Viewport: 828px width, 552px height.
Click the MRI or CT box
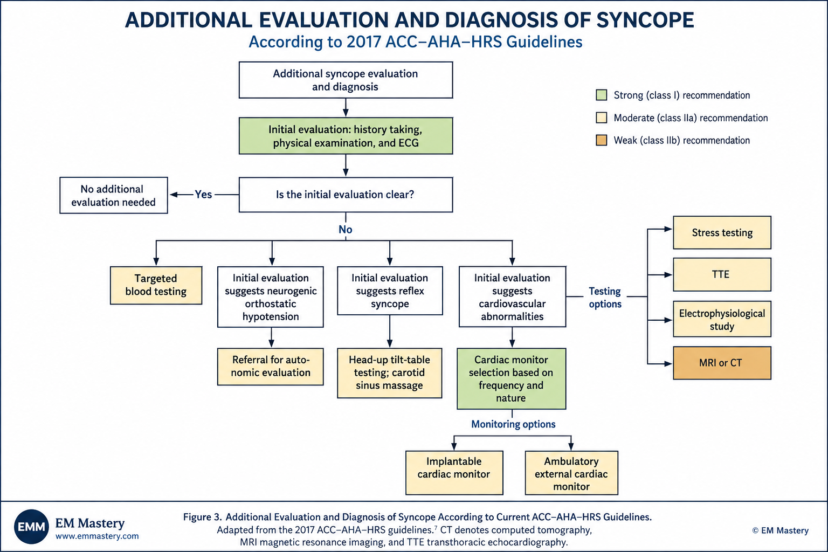(722, 363)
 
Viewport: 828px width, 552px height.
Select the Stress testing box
(722, 232)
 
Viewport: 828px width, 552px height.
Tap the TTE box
(722, 274)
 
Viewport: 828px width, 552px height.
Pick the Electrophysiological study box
(722, 319)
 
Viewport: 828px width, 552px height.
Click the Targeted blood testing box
(156, 285)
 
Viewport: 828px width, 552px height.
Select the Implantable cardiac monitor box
(454, 473)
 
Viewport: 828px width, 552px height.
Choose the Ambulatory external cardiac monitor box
(571, 473)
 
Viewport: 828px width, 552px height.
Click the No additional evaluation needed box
(114, 195)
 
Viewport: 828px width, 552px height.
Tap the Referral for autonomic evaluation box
(271, 367)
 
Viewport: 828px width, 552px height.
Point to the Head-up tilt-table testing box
(390, 373)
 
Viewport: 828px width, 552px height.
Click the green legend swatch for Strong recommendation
(602, 95)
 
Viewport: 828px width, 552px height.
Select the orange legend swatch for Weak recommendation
(602, 140)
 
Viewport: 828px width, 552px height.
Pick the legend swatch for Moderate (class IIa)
(602, 118)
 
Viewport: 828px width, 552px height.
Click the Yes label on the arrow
(203, 195)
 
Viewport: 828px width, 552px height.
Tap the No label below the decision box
(346, 229)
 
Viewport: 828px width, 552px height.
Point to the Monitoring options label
(513, 424)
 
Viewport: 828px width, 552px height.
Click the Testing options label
(605, 297)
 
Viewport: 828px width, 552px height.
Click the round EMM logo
(31, 527)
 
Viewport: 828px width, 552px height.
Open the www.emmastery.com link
(97, 536)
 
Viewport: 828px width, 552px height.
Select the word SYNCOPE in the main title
(645, 20)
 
